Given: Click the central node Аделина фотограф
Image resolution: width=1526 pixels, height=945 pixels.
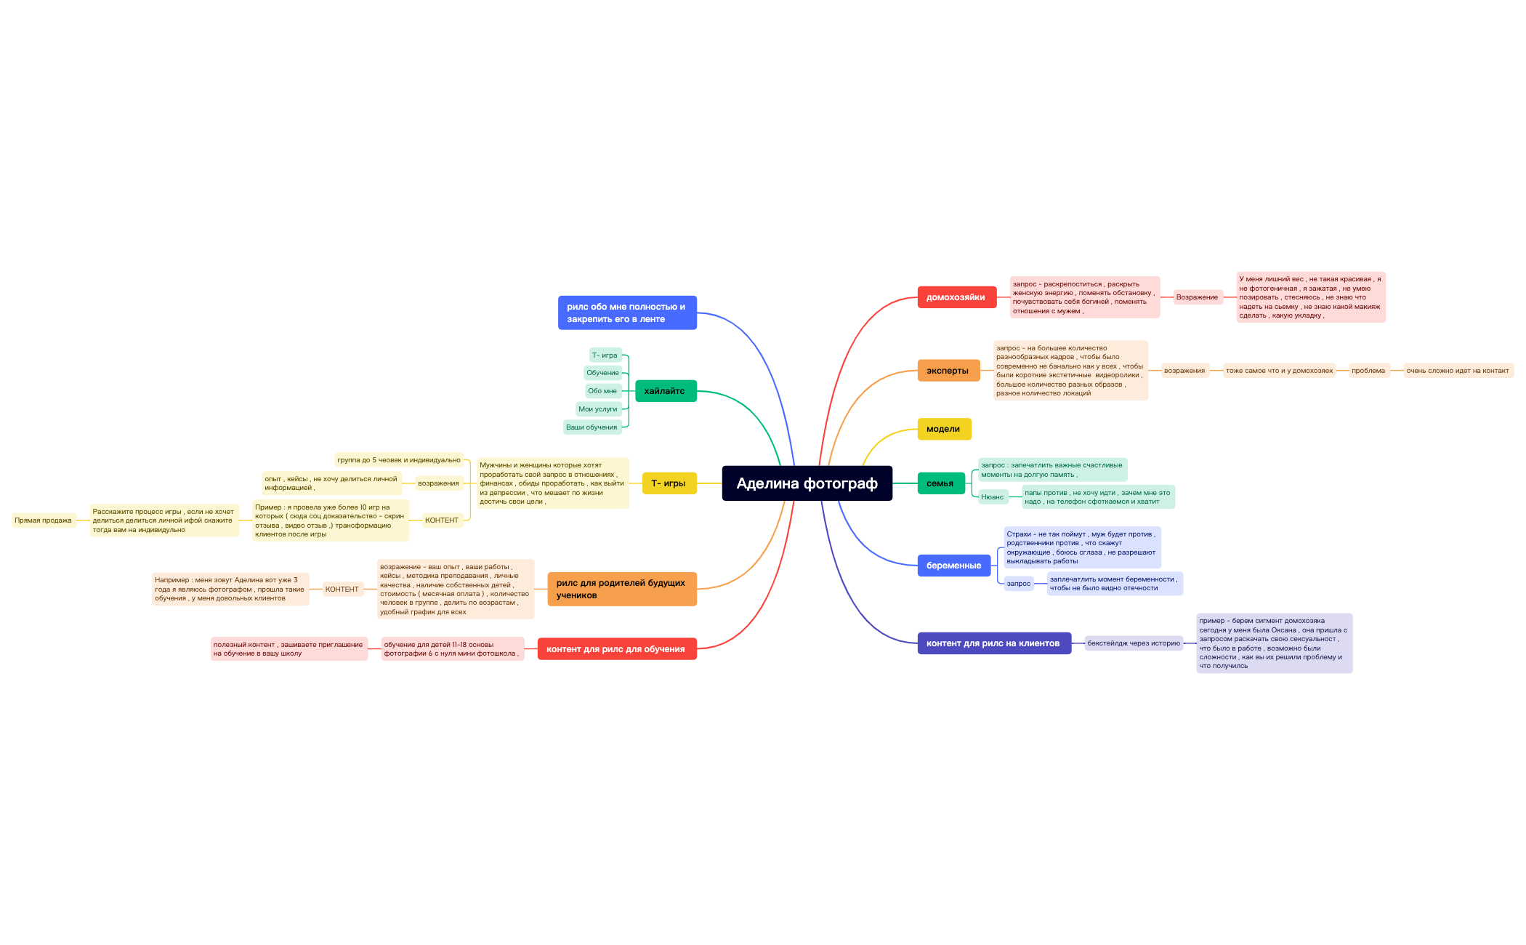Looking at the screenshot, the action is tap(807, 483).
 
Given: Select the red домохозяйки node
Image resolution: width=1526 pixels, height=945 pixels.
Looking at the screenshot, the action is tap(956, 297).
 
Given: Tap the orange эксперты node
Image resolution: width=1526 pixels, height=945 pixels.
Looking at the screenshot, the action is tap(948, 371).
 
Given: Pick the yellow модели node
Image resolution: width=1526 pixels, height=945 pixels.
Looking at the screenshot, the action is tap(944, 429).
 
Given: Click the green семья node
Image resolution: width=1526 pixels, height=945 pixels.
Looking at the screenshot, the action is tap(941, 483).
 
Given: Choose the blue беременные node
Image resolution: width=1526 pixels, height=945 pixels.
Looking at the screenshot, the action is tap(954, 566).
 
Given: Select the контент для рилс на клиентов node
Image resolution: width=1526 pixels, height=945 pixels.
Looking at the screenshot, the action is tap(994, 643).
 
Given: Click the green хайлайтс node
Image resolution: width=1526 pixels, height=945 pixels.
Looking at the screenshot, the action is tap(666, 391).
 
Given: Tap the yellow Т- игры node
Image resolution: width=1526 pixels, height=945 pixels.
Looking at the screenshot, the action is tap(669, 483).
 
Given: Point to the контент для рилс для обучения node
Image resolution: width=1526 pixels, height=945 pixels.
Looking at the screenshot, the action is tap(617, 649).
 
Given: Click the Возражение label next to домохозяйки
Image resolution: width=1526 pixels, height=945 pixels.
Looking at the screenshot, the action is tap(1197, 297).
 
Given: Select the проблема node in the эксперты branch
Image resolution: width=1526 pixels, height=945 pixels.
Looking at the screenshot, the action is tap(1368, 371).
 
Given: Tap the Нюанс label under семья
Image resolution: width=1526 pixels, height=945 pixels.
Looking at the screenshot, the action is tap(992, 497).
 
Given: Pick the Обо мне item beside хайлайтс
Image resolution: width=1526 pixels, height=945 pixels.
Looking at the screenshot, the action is tap(602, 391).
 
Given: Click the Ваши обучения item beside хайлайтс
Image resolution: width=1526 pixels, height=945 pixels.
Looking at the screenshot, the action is tap(592, 427).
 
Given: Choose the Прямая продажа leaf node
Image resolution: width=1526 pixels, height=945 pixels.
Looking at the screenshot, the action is tap(44, 520).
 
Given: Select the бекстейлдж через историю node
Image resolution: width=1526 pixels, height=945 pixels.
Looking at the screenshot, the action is tap(1134, 643).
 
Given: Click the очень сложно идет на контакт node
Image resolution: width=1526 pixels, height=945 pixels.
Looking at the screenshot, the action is tap(1458, 371).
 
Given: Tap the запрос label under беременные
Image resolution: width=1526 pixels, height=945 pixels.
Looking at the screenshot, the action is tap(1019, 584).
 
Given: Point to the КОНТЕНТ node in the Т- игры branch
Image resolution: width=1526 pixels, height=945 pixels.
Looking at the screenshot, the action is tap(442, 520).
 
